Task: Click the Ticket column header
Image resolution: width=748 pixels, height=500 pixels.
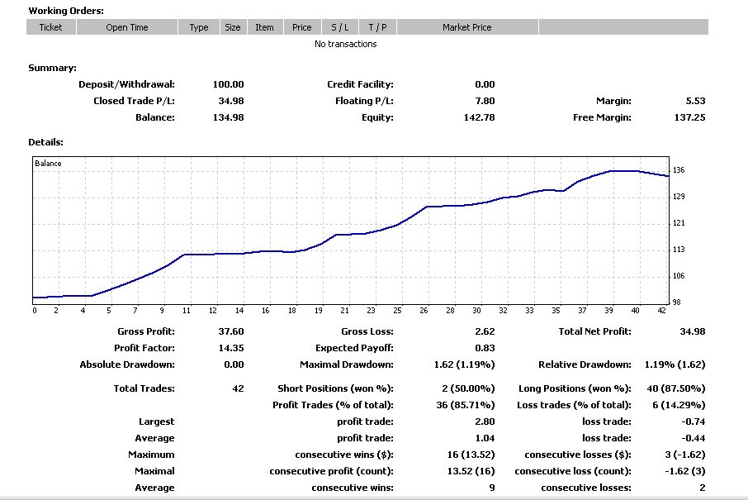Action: click(50, 27)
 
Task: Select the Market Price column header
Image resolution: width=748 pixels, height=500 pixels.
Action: click(466, 27)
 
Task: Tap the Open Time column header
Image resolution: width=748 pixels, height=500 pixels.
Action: click(127, 27)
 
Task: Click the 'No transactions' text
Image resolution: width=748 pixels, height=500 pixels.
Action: click(345, 44)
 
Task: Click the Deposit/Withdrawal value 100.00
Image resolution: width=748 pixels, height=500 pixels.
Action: click(228, 84)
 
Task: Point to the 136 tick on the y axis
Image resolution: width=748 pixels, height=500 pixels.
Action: click(679, 170)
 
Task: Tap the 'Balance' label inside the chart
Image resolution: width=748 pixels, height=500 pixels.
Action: click(48, 164)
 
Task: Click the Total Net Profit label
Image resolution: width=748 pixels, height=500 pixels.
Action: click(594, 331)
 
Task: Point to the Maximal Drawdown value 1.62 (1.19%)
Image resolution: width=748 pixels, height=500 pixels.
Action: click(464, 364)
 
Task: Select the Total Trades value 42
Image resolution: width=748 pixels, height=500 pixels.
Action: click(239, 388)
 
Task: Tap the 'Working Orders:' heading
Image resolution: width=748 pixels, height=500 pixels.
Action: click(66, 11)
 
